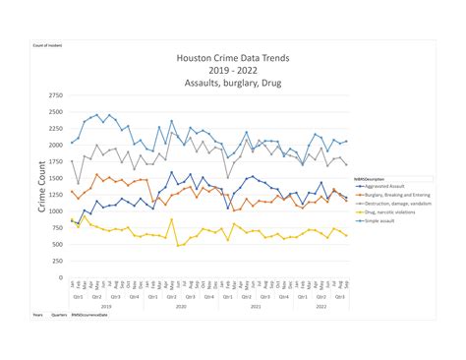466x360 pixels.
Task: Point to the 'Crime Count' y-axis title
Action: pos(42,187)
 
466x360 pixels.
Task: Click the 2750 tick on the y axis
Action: pos(54,96)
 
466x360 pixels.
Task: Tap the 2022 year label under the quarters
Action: pos(320,307)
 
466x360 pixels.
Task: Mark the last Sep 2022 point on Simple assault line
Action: pos(346,141)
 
